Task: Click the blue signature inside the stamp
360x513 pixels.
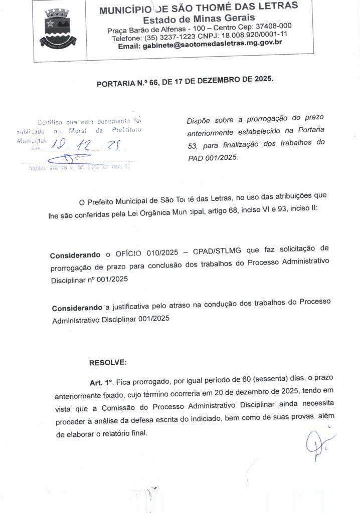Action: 75,160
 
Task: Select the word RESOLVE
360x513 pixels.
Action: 108,362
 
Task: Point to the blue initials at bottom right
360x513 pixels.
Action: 317,444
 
